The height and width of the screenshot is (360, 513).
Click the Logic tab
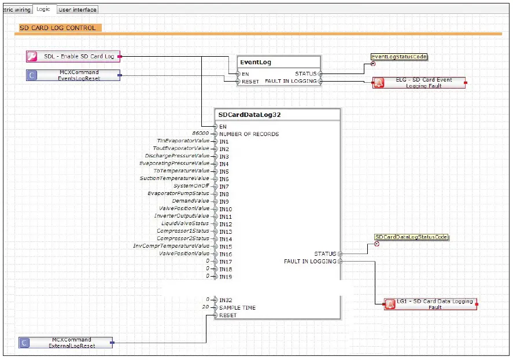[x=43, y=9]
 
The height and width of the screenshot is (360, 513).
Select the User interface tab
[x=77, y=9]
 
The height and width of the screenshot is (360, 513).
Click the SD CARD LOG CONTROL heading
[x=58, y=28]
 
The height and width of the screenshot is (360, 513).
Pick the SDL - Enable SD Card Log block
[x=73, y=56]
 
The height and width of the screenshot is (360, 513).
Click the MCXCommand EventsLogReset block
[x=73, y=75]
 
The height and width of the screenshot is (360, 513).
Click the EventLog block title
[x=257, y=62]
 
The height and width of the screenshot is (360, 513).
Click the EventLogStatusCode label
[x=399, y=57]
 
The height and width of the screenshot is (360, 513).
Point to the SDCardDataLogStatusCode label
[x=411, y=237]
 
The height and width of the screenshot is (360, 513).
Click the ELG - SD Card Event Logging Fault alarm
[x=419, y=83]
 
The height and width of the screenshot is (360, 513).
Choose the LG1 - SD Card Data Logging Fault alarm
[x=431, y=304]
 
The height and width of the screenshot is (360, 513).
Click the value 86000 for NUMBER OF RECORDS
[x=201, y=134]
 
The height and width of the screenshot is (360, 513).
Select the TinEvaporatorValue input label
[x=183, y=141]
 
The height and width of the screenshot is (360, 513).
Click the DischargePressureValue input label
[x=177, y=156]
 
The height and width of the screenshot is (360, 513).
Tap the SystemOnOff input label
[x=191, y=186]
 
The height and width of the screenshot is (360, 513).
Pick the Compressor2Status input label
[x=183, y=238]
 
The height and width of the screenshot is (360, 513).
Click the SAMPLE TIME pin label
[x=237, y=308]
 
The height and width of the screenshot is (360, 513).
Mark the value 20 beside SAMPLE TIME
[x=205, y=307]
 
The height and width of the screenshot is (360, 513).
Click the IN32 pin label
[x=225, y=300]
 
